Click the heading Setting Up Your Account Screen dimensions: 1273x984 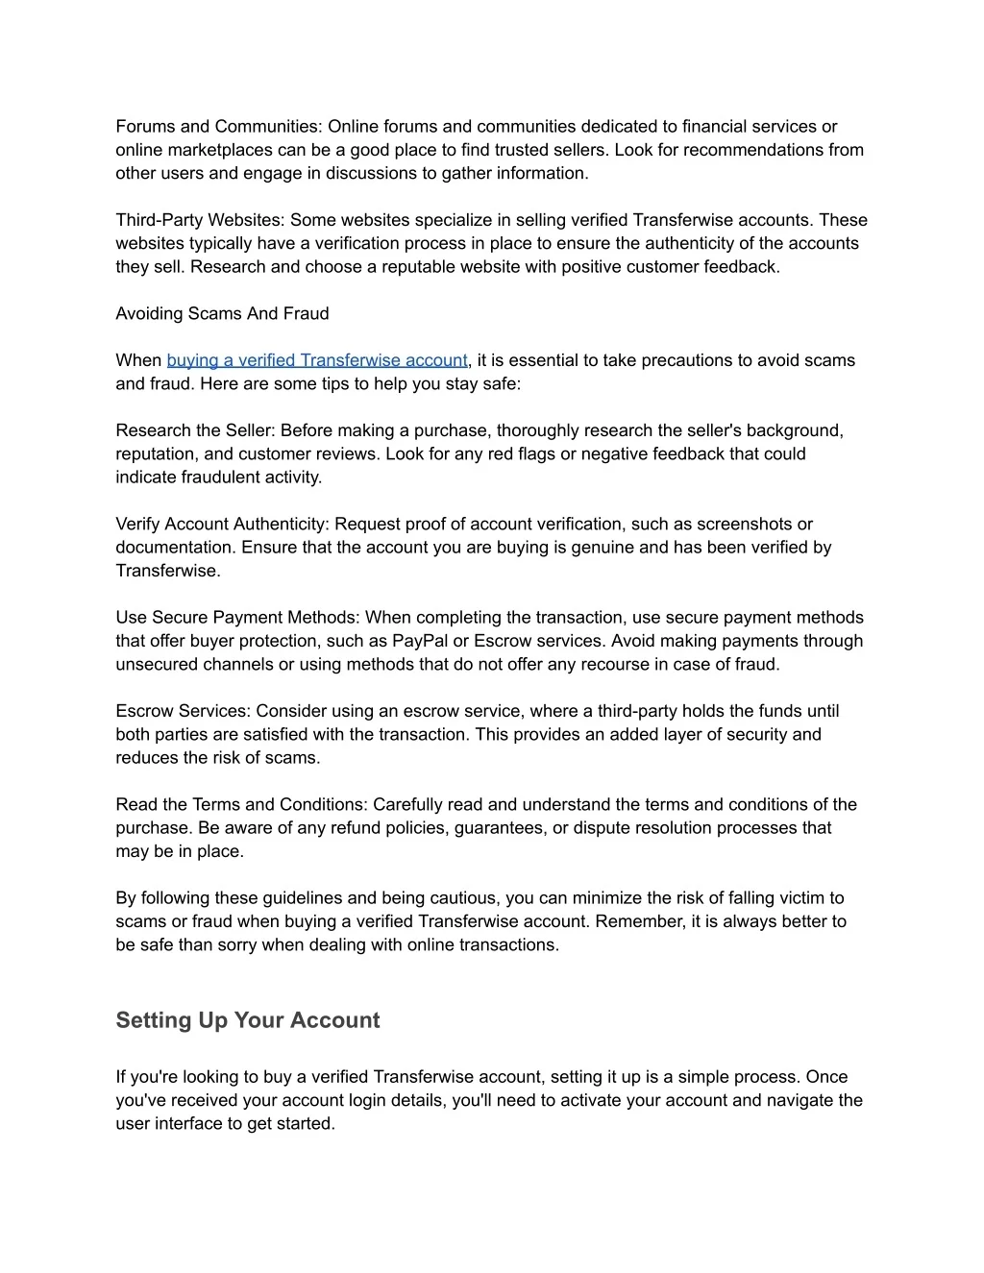pyautogui.click(x=247, y=1020)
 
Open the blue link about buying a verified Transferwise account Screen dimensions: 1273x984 pyautogui.click(x=316, y=360)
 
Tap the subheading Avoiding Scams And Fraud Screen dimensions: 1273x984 pyautogui.click(x=222, y=313)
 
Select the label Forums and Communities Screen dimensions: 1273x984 pyautogui.click(x=218, y=127)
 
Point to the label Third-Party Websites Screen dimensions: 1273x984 pyautogui.click(x=201, y=220)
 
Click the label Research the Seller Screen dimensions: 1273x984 pyautogui.click(x=195, y=430)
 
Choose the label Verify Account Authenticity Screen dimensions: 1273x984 pyautogui.click(x=222, y=524)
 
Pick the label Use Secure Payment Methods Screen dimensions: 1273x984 pyautogui.click(x=237, y=618)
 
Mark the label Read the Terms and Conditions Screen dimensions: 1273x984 pyautogui.click(x=241, y=804)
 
